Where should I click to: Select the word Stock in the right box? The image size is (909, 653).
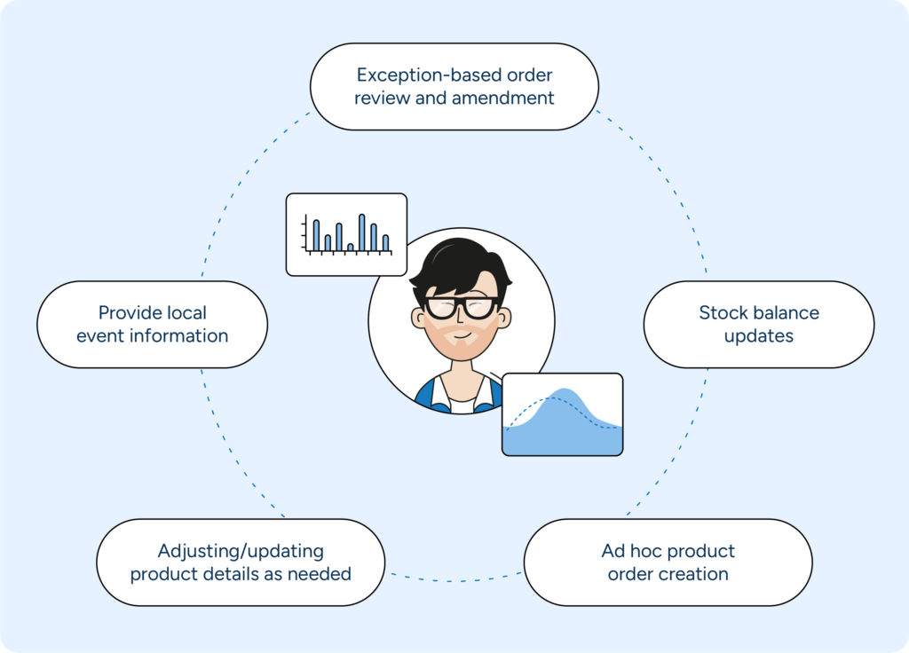coord(723,312)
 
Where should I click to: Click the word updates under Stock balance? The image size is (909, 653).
coord(758,336)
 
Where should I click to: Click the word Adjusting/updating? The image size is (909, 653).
coord(241,551)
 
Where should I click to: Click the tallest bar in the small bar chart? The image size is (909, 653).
coord(362,232)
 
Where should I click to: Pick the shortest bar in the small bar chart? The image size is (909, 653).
coord(351,247)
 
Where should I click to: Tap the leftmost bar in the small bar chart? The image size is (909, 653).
coord(316,235)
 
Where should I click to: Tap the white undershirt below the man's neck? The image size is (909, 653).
coord(462,405)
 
